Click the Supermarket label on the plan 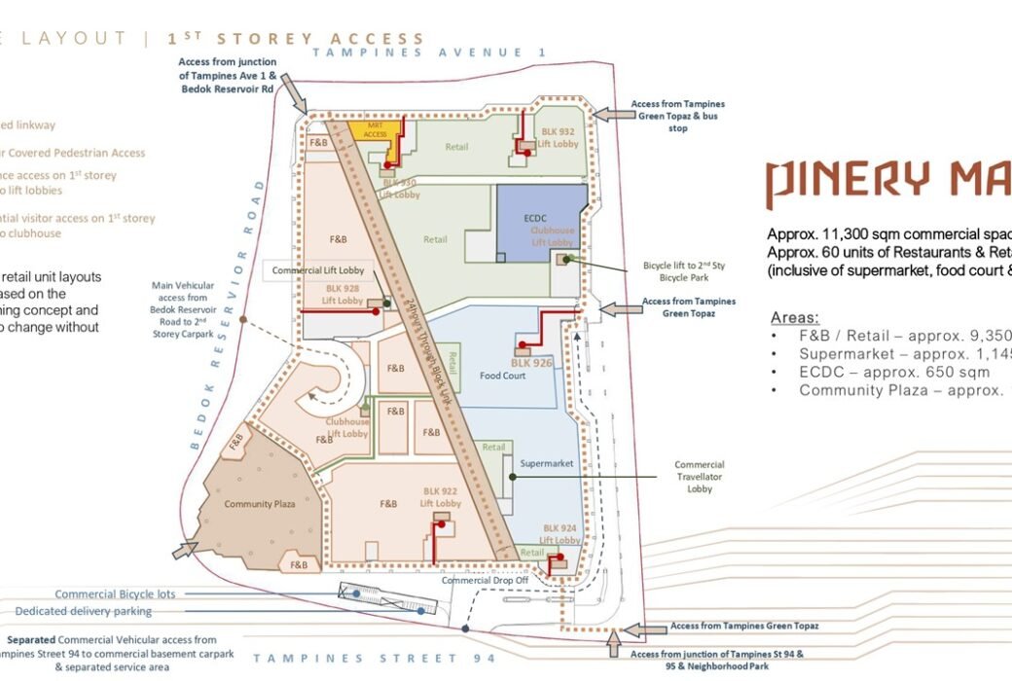(x=546, y=464)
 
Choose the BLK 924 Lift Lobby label (x=561, y=534)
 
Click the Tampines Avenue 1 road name (x=429, y=52)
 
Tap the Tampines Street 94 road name (x=375, y=659)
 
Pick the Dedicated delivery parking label (x=84, y=611)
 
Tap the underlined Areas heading (x=794, y=318)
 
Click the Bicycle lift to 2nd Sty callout (x=677, y=270)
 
